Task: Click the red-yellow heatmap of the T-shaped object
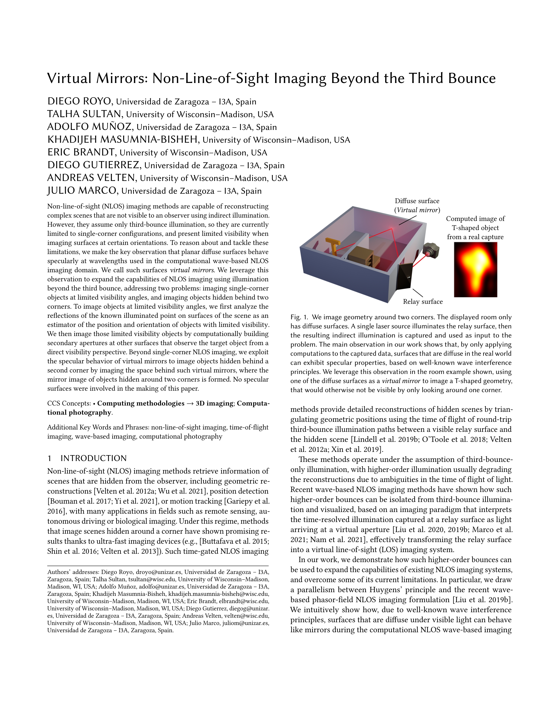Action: (x=475, y=269)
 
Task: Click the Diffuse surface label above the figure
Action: (x=417, y=201)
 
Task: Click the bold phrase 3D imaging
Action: (x=214, y=403)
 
